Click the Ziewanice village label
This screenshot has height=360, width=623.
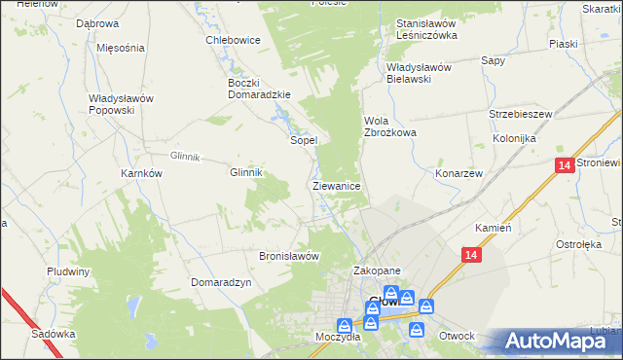338,185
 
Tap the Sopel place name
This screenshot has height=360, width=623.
304,140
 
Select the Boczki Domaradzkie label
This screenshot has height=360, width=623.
254,89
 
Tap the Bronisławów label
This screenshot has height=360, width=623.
289,257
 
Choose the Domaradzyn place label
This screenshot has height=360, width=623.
222,282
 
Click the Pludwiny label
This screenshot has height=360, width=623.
68,271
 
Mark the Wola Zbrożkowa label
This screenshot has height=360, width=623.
389,126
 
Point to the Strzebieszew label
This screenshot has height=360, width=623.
521,114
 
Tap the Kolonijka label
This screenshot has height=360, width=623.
515,139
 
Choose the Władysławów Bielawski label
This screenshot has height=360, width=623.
422,73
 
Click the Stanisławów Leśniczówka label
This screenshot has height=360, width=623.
426,29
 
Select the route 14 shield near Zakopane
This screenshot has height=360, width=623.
471,255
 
